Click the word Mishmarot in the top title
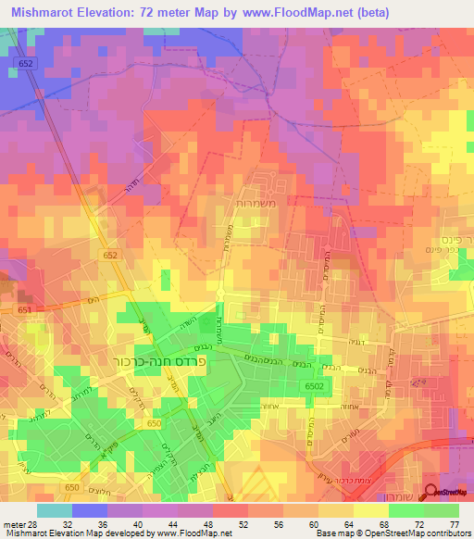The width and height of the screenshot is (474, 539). tap(47, 13)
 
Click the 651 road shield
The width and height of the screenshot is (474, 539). tap(23, 310)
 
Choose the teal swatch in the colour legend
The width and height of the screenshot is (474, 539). tap(54, 510)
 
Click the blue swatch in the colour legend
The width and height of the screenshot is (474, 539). tap(90, 510)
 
